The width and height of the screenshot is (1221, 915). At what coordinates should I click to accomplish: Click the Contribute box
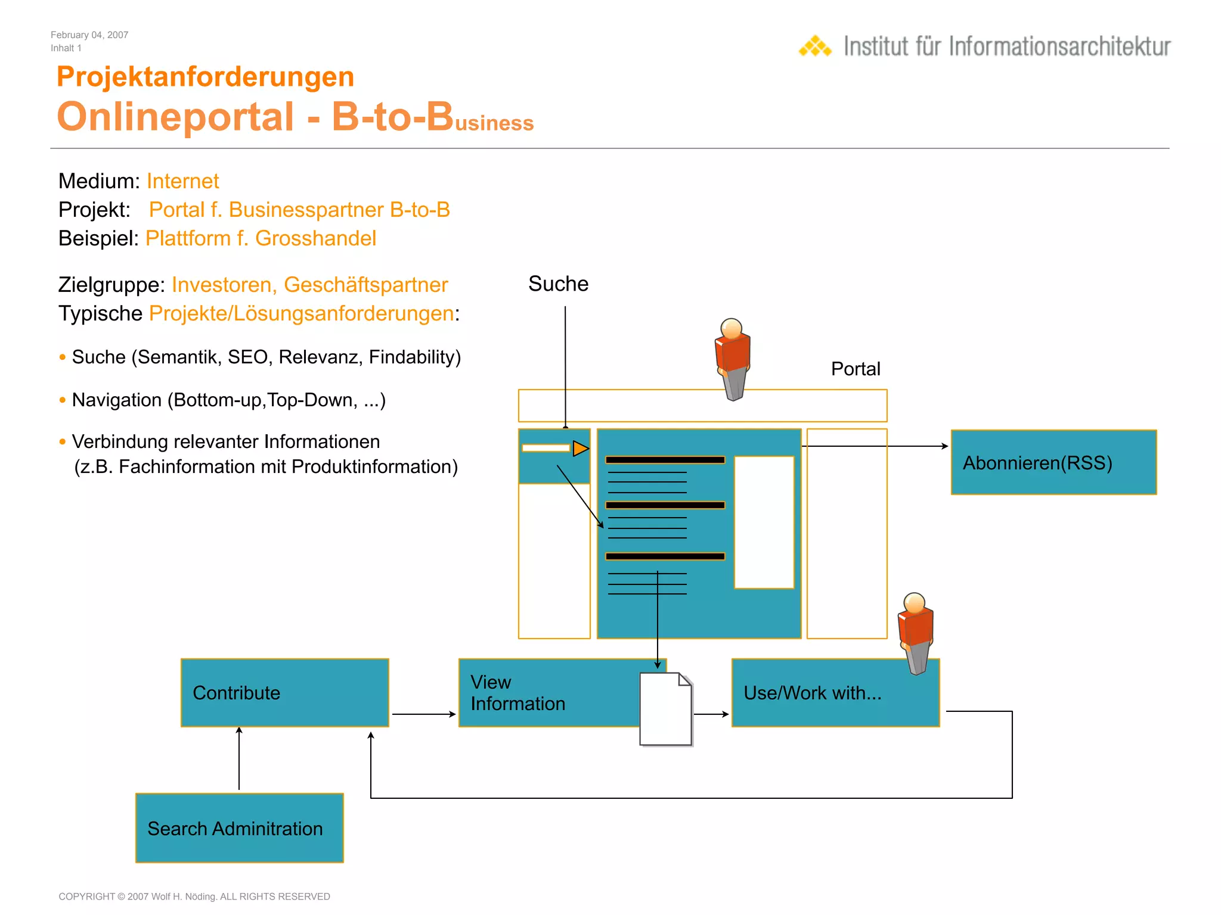284,692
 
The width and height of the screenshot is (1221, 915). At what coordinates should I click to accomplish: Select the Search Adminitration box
239,827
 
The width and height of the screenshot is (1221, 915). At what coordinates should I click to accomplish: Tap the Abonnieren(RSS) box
1053,462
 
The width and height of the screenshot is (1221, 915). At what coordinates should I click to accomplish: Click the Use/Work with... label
812,693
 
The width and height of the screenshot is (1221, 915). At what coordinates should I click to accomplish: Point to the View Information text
517,693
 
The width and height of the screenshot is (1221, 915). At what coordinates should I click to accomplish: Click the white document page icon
665,709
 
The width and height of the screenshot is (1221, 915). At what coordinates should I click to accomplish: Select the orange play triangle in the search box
580,448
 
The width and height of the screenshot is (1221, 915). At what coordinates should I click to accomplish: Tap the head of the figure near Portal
732,328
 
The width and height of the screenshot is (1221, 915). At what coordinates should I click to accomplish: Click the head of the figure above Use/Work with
915,602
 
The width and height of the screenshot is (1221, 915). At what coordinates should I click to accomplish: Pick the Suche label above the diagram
558,284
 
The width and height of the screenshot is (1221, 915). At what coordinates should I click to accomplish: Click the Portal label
855,369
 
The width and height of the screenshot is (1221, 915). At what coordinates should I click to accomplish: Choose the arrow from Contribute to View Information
423,714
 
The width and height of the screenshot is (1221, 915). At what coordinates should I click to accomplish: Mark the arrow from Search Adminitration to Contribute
239,760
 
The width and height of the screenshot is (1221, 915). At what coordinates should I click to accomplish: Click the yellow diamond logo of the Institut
815,46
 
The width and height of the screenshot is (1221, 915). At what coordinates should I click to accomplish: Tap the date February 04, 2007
89,35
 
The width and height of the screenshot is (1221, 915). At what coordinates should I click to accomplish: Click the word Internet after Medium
182,181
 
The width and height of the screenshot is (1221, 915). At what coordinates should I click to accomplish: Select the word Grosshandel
315,238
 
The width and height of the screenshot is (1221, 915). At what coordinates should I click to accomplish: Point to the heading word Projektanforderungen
205,77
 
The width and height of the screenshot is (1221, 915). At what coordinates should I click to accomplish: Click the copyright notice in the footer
194,897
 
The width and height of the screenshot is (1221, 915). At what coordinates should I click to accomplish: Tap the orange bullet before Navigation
63,400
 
